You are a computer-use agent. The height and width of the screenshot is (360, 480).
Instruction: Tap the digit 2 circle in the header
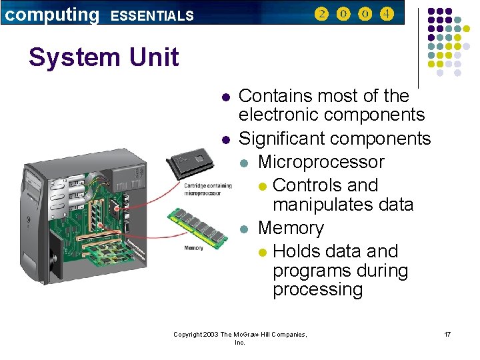point(321,13)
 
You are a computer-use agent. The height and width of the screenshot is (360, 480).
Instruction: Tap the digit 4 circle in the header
point(387,13)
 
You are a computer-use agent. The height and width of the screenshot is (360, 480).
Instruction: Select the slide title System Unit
point(103,57)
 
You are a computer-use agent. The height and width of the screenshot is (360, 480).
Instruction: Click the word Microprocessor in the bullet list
point(321,162)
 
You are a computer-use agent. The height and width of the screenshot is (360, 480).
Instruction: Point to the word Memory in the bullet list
point(291,228)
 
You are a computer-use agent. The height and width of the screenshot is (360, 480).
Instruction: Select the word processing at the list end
point(317,289)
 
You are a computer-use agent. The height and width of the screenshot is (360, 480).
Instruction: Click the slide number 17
point(447,333)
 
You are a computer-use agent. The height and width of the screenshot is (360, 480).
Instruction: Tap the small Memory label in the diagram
point(193,248)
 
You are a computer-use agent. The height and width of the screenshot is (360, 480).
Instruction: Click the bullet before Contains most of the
point(226,97)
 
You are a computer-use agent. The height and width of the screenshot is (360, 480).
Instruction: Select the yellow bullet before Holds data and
point(263,252)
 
